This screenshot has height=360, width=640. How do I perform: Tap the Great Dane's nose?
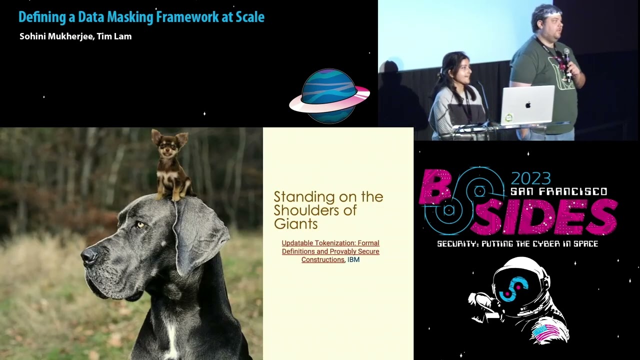(89, 256)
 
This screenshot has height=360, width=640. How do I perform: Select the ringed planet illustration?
(329, 96)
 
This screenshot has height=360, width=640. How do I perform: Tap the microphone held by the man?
(567, 57)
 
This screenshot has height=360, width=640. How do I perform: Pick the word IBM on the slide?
(353, 260)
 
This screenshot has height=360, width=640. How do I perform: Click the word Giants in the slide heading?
(295, 223)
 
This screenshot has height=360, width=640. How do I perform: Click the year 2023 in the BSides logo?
(530, 178)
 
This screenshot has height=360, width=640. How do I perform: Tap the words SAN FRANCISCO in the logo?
(558, 192)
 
